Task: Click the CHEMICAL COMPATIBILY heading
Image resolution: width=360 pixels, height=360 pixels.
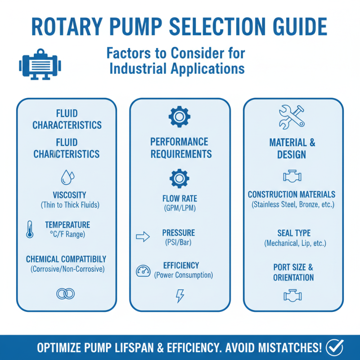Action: coord(66,259)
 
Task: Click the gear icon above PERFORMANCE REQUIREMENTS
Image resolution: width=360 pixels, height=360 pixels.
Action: coord(179,117)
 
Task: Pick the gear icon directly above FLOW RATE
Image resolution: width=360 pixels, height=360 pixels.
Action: coord(179,178)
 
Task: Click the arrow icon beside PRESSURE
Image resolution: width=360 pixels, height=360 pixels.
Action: coord(143,237)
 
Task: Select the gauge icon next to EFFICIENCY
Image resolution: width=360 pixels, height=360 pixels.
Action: coord(143,270)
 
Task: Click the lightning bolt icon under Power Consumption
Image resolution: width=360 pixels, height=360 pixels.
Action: coord(180,296)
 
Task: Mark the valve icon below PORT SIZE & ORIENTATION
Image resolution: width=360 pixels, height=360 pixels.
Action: coord(292,295)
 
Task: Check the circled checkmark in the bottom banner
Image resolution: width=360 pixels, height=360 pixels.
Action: coord(335,347)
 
